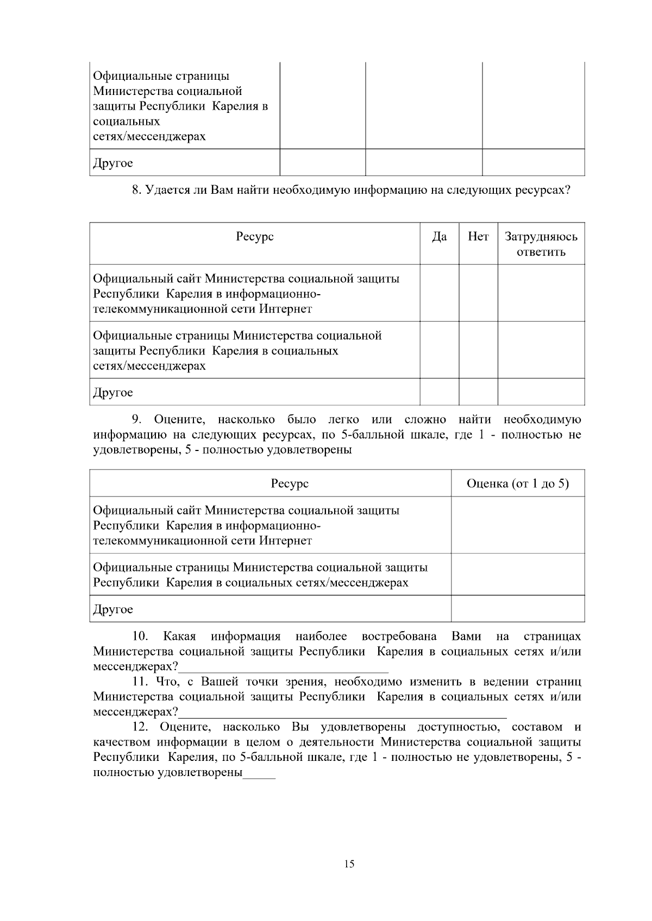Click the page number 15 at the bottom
349,863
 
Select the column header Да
439,237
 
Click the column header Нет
478,237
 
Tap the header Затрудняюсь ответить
541,244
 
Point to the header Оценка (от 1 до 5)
518,484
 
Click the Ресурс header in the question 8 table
255,237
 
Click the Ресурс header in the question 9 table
290,484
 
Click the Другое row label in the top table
113,163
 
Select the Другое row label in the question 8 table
113,392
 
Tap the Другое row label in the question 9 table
113,609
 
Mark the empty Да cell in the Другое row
439,392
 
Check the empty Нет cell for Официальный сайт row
478,294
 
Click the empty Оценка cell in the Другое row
518,609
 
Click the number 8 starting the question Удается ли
136,190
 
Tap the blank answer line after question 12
259,774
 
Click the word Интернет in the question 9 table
285,541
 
